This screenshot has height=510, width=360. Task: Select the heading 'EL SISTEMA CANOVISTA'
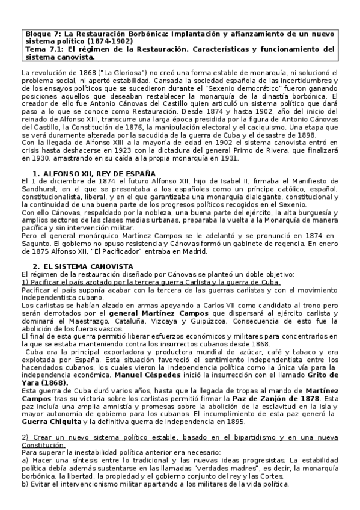coord(87,266)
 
